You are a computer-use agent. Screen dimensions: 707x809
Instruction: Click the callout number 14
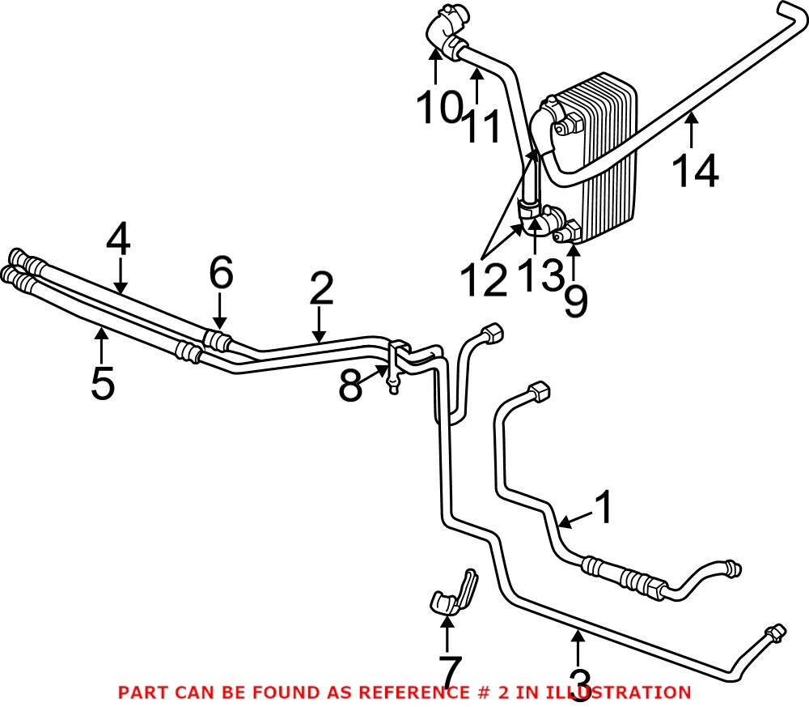click(x=695, y=172)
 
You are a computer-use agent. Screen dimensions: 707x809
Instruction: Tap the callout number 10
click(x=438, y=108)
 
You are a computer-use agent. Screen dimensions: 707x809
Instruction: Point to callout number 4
click(x=118, y=240)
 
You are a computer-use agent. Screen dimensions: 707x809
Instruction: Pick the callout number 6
click(x=221, y=275)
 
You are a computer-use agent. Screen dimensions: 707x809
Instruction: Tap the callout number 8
click(x=349, y=386)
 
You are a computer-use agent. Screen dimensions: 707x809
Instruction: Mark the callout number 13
click(x=540, y=275)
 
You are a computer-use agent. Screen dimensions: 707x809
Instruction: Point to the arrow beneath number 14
click(x=691, y=130)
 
